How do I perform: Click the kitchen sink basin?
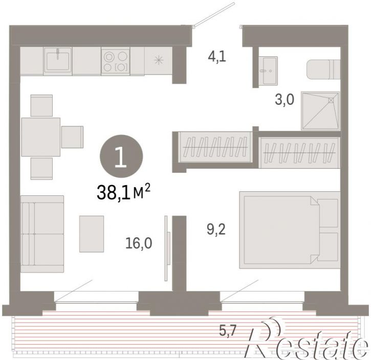point(58,61)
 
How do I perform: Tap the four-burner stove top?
point(116,61)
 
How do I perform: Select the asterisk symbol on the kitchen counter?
point(159,60)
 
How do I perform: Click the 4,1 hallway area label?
point(217,57)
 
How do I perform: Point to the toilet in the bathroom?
point(323,70)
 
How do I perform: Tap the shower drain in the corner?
point(331,100)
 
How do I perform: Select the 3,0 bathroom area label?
point(285,99)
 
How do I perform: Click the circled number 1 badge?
point(121,156)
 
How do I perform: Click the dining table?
point(41,137)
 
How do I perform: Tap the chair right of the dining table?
point(72,137)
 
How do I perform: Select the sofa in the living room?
point(42,234)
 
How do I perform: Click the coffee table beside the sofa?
point(92,234)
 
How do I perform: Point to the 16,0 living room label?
point(139,243)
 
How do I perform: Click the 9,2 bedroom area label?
point(216,229)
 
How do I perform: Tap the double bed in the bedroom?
point(290,230)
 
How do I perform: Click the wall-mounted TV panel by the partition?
point(167,248)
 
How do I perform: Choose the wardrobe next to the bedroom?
point(299,152)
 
